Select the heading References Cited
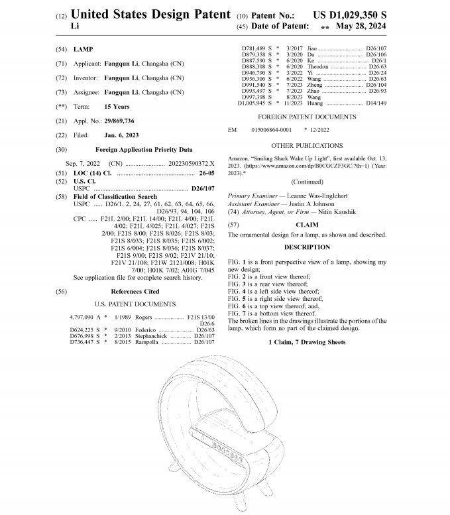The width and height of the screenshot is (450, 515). click(x=135, y=291)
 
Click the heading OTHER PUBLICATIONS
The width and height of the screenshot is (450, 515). click(x=307, y=145)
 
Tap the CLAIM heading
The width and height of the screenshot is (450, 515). click(x=307, y=225)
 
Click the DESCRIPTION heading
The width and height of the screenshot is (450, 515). click(x=307, y=247)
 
